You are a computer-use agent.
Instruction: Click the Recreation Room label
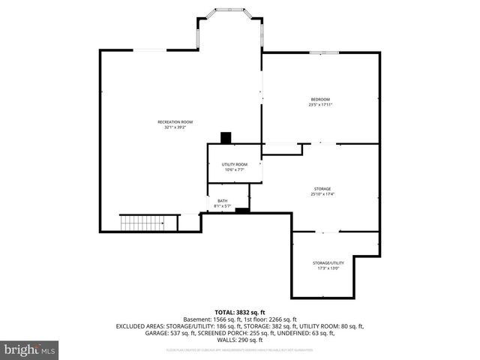pyautogui.click(x=175, y=121)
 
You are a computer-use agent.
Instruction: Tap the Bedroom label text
pyautogui.click(x=320, y=99)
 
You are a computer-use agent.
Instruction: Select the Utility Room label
pyautogui.click(x=234, y=164)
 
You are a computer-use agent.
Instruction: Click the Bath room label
pyautogui.click(x=223, y=200)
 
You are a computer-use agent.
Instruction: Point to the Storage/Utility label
pyautogui.click(x=328, y=262)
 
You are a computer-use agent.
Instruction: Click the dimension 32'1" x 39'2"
pyautogui.click(x=175, y=127)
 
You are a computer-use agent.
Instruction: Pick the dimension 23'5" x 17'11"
pyautogui.click(x=320, y=105)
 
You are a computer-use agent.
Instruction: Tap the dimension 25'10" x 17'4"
pyautogui.click(x=322, y=194)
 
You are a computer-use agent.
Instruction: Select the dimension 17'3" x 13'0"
pyautogui.click(x=328, y=268)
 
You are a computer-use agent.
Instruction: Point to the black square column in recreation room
pyautogui.click(x=226, y=137)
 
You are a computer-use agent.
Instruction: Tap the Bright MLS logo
pyautogui.click(x=30, y=349)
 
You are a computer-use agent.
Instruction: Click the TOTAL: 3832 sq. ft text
pyautogui.click(x=240, y=312)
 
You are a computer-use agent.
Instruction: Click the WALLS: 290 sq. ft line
pyautogui.click(x=240, y=340)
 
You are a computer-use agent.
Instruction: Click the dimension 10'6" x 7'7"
pyautogui.click(x=234, y=170)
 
